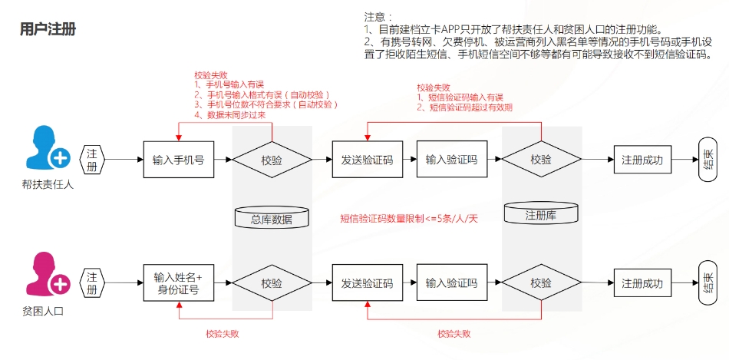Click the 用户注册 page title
[48, 29]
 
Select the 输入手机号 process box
[179, 160]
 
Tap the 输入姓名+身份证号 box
[179, 284]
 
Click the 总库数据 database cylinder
[272, 218]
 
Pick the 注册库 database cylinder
[541, 213]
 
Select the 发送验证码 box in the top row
[368, 160]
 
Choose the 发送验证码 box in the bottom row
[368, 282]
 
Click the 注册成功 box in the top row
[642, 160]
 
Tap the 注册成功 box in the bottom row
[642, 282]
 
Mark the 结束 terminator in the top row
[708, 159]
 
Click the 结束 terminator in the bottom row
[708, 282]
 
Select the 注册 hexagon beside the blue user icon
[93, 160]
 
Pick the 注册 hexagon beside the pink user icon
[93, 282]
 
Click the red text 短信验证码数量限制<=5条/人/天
[409, 218]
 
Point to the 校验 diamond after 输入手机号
[272, 160]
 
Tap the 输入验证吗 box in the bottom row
[451, 282]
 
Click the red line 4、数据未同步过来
[229, 115]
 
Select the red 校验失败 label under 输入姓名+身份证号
[223, 333]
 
